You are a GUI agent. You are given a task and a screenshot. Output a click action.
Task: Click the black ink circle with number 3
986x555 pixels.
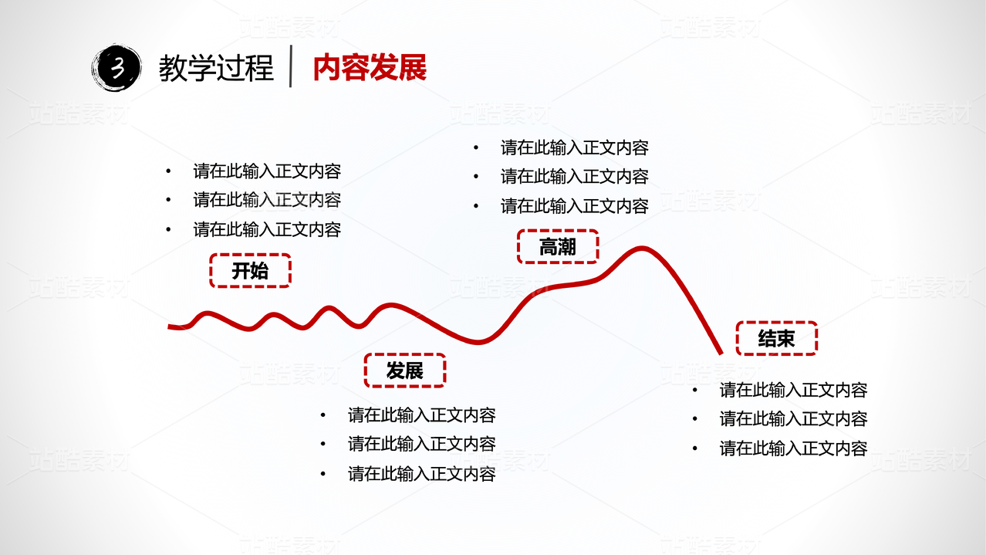(116, 69)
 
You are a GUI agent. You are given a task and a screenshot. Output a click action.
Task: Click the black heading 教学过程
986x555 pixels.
(216, 69)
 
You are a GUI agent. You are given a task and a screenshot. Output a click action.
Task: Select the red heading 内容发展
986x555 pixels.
(370, 69)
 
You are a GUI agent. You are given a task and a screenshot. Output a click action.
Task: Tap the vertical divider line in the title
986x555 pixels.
(291, 67)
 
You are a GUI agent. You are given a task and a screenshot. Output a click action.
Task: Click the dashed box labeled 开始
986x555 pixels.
(250, 271)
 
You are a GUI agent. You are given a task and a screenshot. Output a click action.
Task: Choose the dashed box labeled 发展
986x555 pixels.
(405, 371)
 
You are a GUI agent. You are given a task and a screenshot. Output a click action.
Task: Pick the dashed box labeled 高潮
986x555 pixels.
(558, 247)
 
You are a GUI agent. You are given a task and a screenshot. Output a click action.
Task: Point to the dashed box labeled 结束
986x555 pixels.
(776, 338)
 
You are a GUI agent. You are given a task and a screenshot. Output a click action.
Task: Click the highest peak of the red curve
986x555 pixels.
(640, 249)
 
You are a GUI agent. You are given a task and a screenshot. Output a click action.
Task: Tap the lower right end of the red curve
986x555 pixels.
(721, 352)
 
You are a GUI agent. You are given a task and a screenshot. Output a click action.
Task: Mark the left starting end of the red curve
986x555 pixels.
(171, 327)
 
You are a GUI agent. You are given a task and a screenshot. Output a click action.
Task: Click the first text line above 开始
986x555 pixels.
(267, 171)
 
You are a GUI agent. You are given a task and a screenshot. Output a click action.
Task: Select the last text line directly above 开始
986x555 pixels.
(267, 229)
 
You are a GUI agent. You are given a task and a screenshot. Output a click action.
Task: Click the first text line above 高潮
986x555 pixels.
(574, 147)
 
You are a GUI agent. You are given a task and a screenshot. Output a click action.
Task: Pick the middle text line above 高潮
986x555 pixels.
(574, 177)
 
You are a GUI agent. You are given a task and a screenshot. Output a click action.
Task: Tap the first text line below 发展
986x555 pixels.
(421, 415)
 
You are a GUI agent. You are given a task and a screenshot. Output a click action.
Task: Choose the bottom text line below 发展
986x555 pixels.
(421, 473)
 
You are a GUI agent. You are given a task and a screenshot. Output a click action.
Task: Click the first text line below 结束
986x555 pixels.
(793, 390)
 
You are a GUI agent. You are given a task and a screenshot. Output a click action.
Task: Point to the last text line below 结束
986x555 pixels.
(793, 448)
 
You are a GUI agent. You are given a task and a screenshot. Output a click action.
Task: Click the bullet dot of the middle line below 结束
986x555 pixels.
(695, 419)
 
